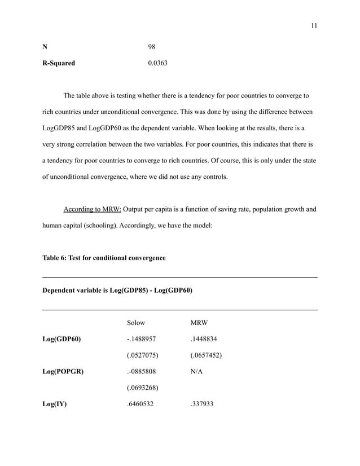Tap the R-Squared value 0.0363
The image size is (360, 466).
pos(157,63)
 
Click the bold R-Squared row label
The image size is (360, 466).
pos(59,63)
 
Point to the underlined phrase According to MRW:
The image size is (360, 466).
pos(93,210)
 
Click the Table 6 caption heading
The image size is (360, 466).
pos(104,258)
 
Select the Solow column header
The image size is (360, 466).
pos(136,323)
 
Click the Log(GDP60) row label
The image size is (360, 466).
pos(62,339)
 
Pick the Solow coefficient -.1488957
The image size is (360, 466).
pos(142,339)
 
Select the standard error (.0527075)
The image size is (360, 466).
pos(142,355)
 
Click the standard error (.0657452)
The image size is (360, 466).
pos(207,355)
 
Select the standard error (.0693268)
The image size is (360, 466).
pos(142,388)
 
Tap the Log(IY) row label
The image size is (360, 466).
pos(55,404)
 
